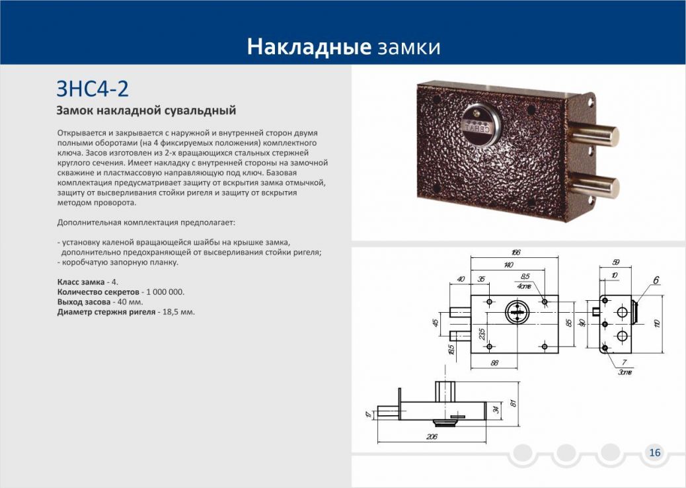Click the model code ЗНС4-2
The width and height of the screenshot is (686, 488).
[93, 89]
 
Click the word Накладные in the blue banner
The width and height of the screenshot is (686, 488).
[309, 46]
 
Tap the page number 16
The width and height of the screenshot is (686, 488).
[654, 452]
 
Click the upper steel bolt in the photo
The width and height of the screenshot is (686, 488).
[593, 136]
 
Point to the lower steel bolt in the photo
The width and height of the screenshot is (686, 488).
[595, 184]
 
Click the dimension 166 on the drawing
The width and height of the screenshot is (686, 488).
[515, 253]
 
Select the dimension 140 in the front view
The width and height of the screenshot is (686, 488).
[508, 264]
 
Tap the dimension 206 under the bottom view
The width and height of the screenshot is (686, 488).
[432, 436]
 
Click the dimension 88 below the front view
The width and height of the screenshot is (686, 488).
[494, 363]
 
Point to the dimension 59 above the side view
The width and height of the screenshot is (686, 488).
[616, 262]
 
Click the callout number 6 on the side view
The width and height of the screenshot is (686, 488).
[656, 280]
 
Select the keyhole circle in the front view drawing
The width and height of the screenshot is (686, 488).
[517, 313]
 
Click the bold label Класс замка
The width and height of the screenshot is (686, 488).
[81, 282]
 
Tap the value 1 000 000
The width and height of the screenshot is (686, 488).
[165, 292]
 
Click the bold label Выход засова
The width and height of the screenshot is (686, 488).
[84, 302]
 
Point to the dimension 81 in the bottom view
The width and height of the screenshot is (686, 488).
[514, 403]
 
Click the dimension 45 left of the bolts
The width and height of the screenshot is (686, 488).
[436, 323]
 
